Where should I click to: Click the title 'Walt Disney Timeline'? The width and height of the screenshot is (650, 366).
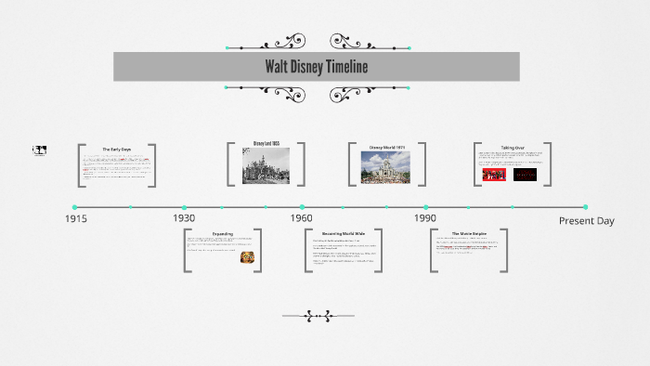click(x=316, y=67)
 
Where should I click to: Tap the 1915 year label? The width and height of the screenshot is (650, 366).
click(x=77, y=219)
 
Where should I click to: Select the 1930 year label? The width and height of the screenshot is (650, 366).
click(x=184, y=217)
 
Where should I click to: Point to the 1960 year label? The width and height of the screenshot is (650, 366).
click(x=301, y=217)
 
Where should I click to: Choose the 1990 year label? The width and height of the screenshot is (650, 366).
click(x=425, y=217)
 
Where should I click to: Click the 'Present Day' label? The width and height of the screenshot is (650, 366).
click(x=586, y=221)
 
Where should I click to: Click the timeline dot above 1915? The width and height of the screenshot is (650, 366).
click(x=75, y=207)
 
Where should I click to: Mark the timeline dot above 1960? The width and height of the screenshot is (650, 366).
click(x=302, y=207)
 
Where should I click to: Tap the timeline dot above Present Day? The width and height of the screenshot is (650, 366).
click(x=585, y=207)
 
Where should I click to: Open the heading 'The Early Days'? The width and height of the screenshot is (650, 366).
click(x=117, y=150)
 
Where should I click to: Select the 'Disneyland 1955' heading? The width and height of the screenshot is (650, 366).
click(x=266, y=144)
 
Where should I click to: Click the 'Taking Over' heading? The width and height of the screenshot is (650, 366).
click(x=513, y=148)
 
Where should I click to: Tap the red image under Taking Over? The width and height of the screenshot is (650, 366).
click(x=494, y=173)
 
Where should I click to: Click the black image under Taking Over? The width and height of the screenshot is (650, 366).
click(x=525, y=173)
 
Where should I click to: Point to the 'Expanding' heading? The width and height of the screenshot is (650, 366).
click(x=223, y=234)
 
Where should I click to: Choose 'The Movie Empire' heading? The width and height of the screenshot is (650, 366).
click(x=469, y=234)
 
